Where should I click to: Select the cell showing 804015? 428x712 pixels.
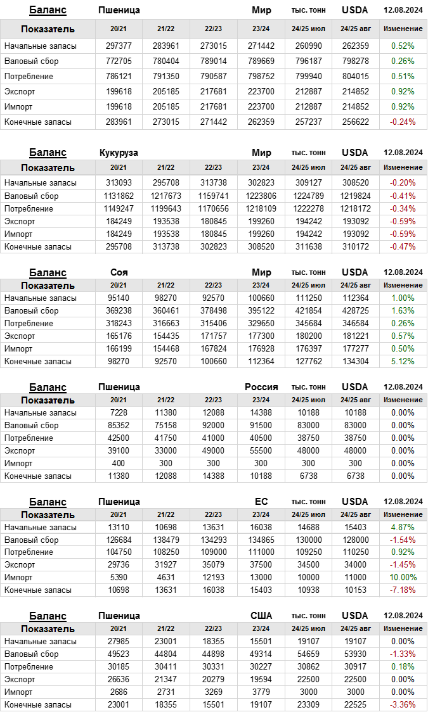tap(355, 76)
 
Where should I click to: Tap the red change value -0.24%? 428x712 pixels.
tap(403, 122)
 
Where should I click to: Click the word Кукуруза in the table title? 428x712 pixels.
tap(119, 153)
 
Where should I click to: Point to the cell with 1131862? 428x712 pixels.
tap(119, 196)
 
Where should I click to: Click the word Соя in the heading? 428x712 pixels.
tap(119, 272)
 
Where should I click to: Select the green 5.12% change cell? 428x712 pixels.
tap(403, 361)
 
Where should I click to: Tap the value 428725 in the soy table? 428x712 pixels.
tap(355, 310)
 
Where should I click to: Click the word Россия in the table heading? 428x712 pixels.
tap(261, 387)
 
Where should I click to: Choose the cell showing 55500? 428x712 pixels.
tap(261, 450)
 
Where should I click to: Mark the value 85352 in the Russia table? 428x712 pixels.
tap(119, 425)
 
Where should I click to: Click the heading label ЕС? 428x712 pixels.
tap(261, 502)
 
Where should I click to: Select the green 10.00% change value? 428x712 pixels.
tap(403, 577)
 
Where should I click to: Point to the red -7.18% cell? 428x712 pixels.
tap(403, 590)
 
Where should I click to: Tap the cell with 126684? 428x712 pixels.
tap(119, 540)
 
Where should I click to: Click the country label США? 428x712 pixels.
tap(261, 616)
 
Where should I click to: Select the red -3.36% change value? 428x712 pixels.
tap(403, 704)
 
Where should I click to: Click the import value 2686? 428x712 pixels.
tap(119, 692)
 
